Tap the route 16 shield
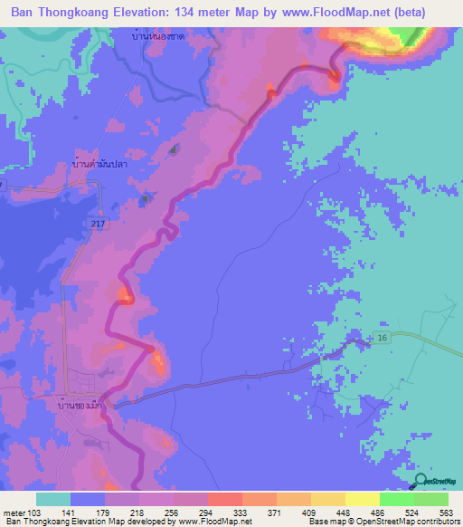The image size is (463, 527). pos(382,337)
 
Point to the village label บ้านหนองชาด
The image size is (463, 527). pos(156,37)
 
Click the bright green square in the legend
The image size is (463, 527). pos(396,499)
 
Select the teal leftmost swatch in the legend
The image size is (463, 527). pos(53,499)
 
